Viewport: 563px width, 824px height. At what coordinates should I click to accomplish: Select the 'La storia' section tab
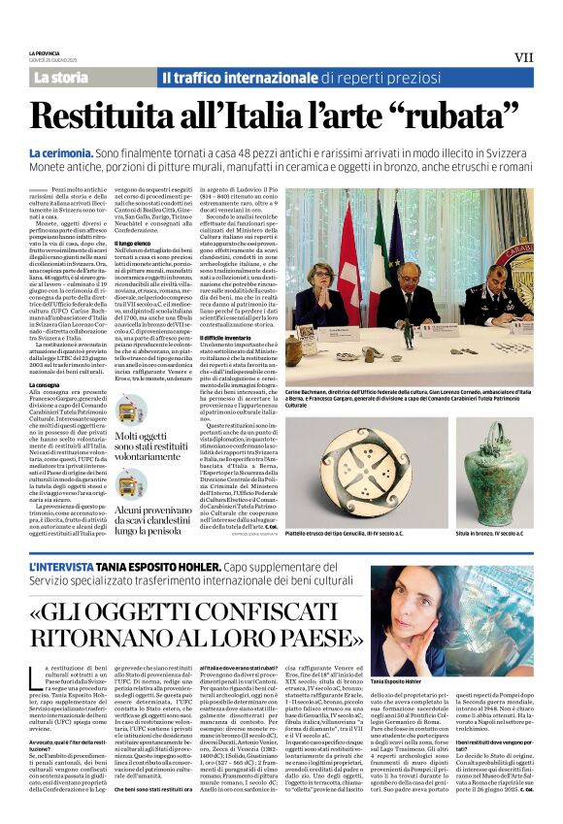60,77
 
